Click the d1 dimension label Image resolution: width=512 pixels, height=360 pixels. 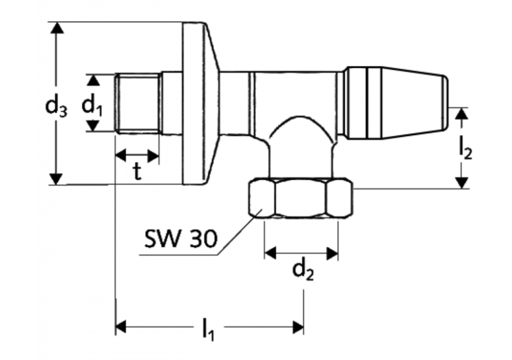(x=92, y=105)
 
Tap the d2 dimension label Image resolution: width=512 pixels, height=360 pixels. (x=302, y=270)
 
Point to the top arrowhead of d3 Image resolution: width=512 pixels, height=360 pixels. (x=56, y=28)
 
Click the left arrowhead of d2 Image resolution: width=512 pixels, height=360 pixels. (x=270, y=252)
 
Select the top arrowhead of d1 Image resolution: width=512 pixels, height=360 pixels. (x=93, y=80)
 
